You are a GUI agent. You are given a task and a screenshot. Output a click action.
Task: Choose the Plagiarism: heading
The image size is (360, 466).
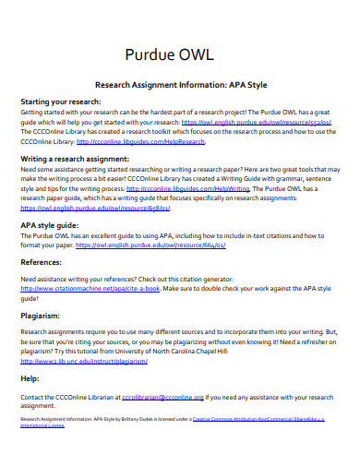click(x=42, y=314)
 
